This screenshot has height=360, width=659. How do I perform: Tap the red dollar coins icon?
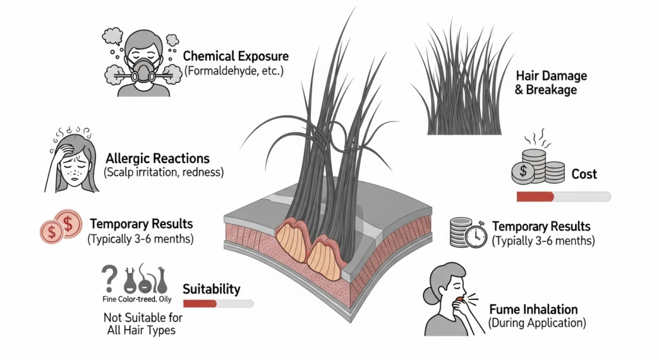[x=60, y=226]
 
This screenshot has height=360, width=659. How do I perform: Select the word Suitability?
[x=212, y=289]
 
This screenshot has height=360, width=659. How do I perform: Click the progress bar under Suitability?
[x=218, y=303]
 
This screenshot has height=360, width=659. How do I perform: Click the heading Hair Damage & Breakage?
[x=552, y=83]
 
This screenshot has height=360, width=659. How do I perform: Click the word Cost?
[x=584, y=174]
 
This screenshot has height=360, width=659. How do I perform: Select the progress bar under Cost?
[x=563, y=196]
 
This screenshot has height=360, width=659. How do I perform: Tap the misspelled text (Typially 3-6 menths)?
[x=543, y=242]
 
